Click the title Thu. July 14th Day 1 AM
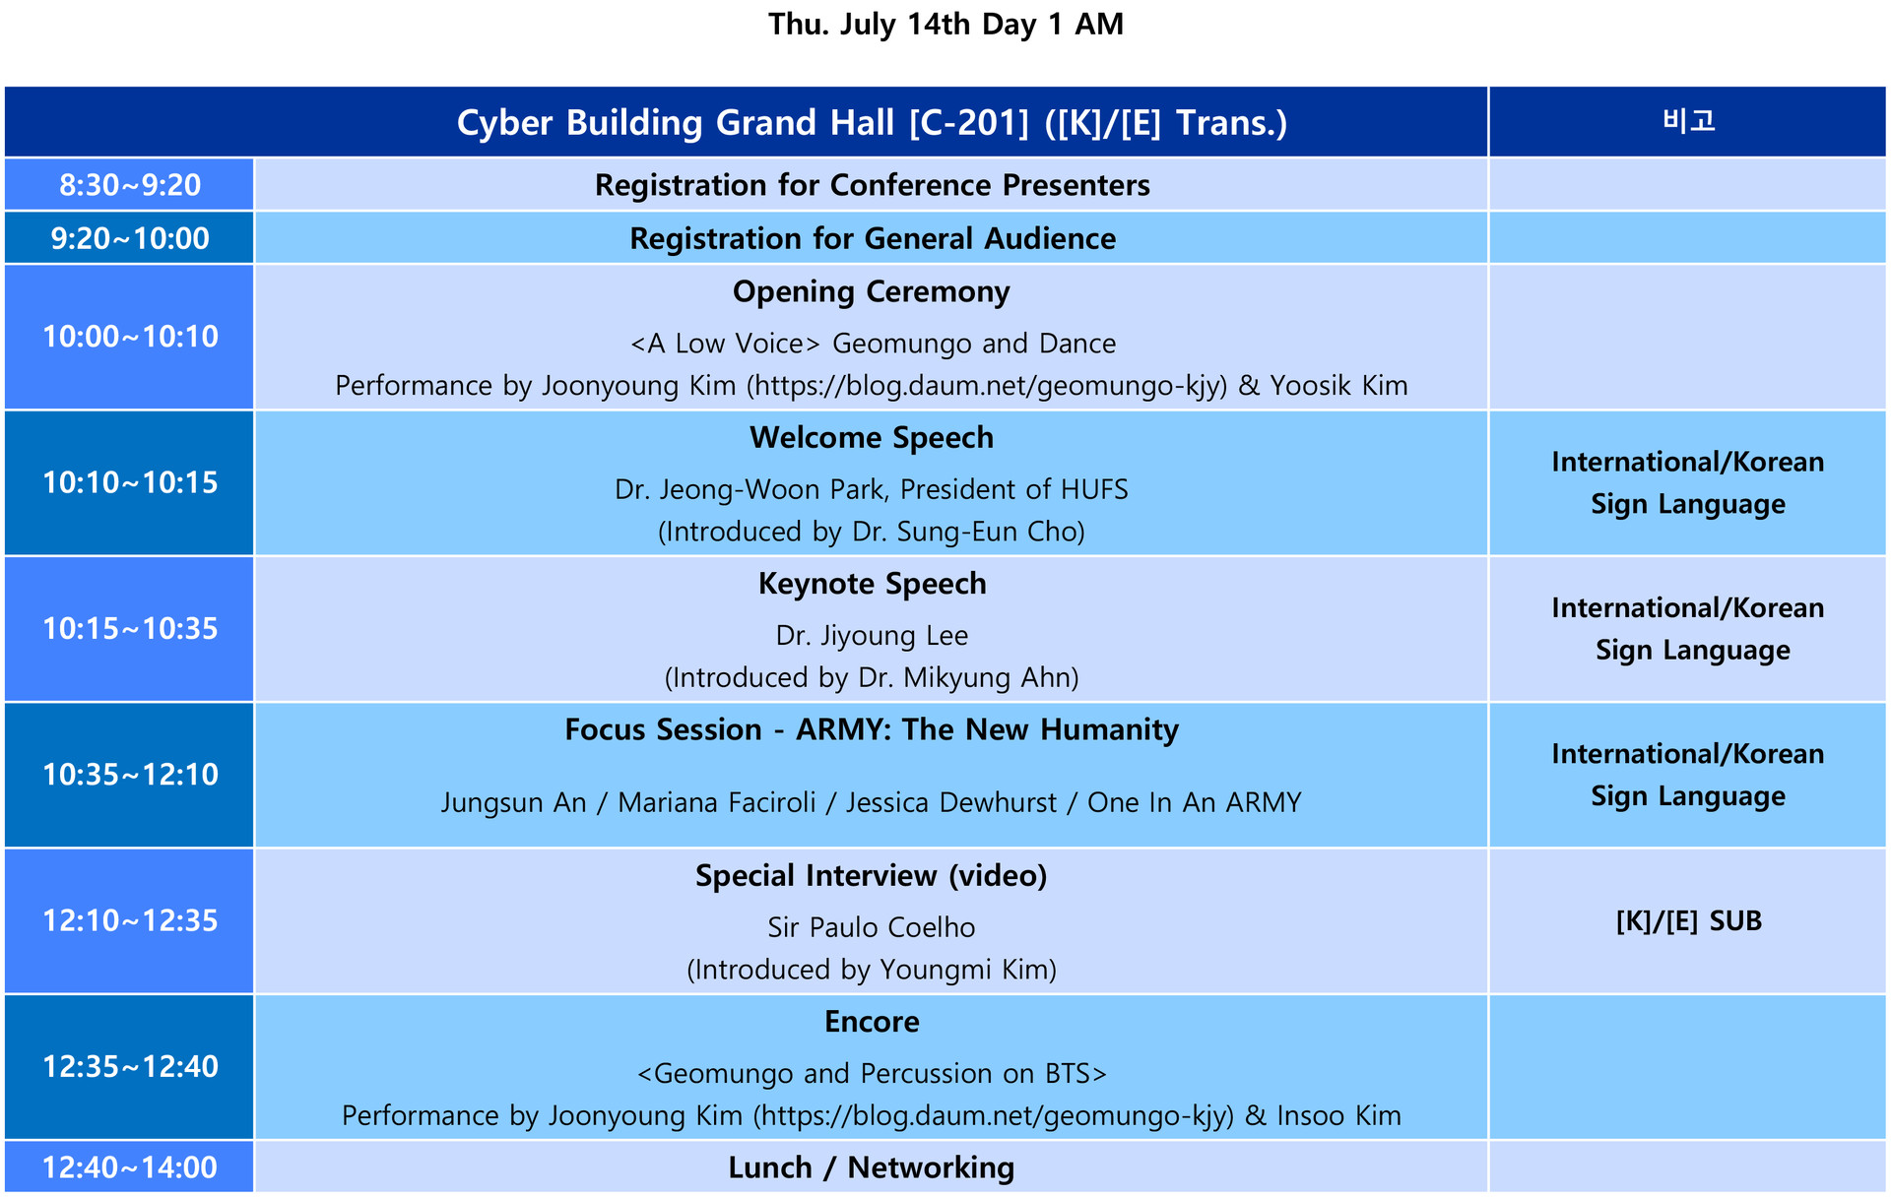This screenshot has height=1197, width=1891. coord(945,24)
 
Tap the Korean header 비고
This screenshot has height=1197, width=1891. coord(1688,121)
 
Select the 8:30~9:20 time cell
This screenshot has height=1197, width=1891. coord(130,185)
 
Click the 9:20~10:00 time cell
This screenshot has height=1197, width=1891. coord(130,238)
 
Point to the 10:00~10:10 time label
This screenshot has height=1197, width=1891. coord(130,337)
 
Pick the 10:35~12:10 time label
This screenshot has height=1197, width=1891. coord(130,775)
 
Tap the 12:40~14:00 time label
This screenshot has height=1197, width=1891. coord(130,1167)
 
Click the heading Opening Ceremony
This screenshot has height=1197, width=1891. coord(872,292)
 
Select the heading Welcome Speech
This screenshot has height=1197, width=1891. coord(872,438)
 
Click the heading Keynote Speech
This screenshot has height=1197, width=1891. coord(872,584)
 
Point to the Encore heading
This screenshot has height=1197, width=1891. coord(872,1022)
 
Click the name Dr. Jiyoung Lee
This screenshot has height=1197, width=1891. coord(872,636)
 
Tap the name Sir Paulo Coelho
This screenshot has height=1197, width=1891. coord(872,927)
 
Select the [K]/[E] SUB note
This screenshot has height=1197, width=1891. coord(1688,921)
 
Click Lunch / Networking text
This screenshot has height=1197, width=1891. coord(872,1167)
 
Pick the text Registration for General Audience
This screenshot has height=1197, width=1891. coord(873,238)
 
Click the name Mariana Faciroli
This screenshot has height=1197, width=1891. coord(717,803)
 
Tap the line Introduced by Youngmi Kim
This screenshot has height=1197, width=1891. coord(872,971)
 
